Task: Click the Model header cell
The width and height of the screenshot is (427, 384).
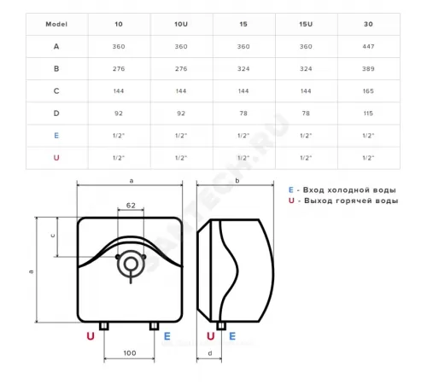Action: coord(56,24)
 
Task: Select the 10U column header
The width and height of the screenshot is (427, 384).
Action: coord(181,24)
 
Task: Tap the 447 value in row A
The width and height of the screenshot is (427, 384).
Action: coord(368,46)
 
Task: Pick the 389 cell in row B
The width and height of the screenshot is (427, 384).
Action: coord(368,68)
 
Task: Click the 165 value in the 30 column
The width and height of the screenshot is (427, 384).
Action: coord(368,91)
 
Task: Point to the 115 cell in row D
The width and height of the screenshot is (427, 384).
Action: coord(368,113)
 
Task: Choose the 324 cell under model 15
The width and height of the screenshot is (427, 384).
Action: coord(243,68)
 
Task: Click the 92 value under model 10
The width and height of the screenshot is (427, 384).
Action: coord(119,113)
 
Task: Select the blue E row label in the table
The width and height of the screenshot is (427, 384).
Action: coord(56,136)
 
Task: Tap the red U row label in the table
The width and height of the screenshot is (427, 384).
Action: coord(56,158)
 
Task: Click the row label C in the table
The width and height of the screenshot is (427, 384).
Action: coord(56,91)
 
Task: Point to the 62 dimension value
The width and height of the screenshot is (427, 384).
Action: coord(131,205)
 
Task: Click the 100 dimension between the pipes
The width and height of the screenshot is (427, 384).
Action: coord(130,353)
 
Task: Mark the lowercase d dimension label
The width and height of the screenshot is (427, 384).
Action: coord(210,353)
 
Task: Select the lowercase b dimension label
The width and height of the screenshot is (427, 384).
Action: coord(237,180)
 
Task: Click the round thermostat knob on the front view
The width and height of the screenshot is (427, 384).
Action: coord(131,265)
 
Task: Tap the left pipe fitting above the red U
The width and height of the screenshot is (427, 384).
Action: coord(104,326)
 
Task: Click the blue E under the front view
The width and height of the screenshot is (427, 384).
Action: coord(167,336)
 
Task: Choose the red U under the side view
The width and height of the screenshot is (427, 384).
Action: coord(211,336)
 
